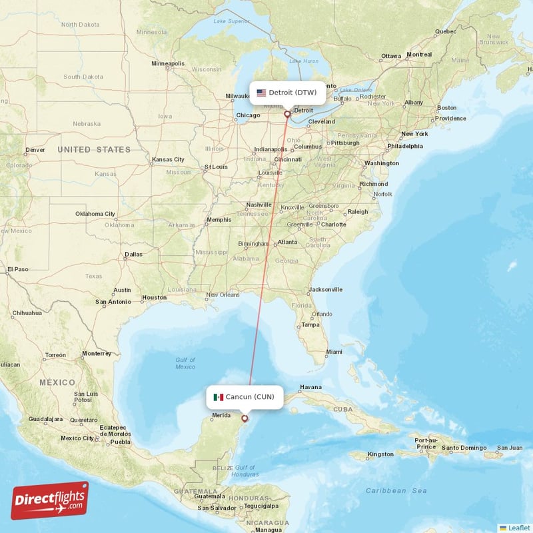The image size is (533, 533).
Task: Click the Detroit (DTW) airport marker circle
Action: click(x=288, y=114)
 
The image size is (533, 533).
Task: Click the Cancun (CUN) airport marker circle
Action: click(x=245, y=418)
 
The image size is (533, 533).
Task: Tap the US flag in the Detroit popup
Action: click(x=261, y=93)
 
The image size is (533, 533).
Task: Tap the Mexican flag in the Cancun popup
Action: click(x=218, y=397)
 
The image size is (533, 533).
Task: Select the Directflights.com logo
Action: click(x=49, y=500)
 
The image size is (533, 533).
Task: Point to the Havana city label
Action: click(x=310, y=387)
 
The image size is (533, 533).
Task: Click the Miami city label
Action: click(x=334, y=352)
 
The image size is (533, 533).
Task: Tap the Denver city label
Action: click(x=35, y=150)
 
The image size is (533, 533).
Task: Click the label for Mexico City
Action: click(x=77, y=438)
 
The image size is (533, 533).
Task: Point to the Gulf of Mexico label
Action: click(x=185, y=363)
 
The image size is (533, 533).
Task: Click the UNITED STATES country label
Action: click(x=94, y=150)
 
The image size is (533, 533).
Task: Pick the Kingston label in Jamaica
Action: click(x=380, y=454)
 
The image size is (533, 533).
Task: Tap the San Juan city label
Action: click(x=510, y=447)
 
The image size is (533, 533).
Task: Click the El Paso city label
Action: click(x=17, y=270)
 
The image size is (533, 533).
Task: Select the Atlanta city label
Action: click(x=287, y=242)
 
